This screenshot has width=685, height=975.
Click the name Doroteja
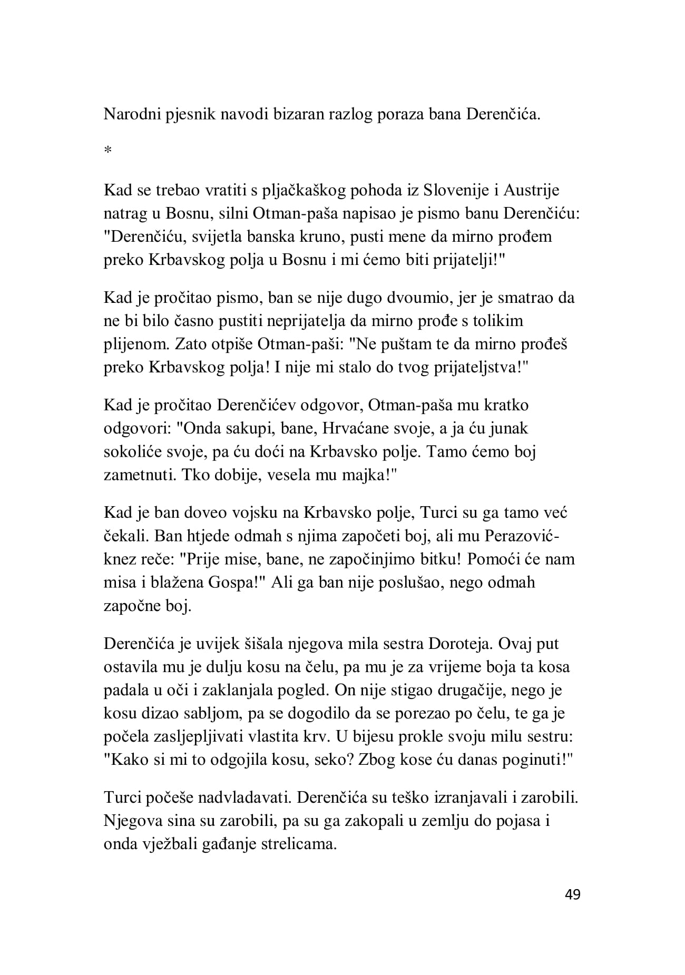(x=469, y=644)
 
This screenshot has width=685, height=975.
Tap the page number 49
(x=572, y=894)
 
